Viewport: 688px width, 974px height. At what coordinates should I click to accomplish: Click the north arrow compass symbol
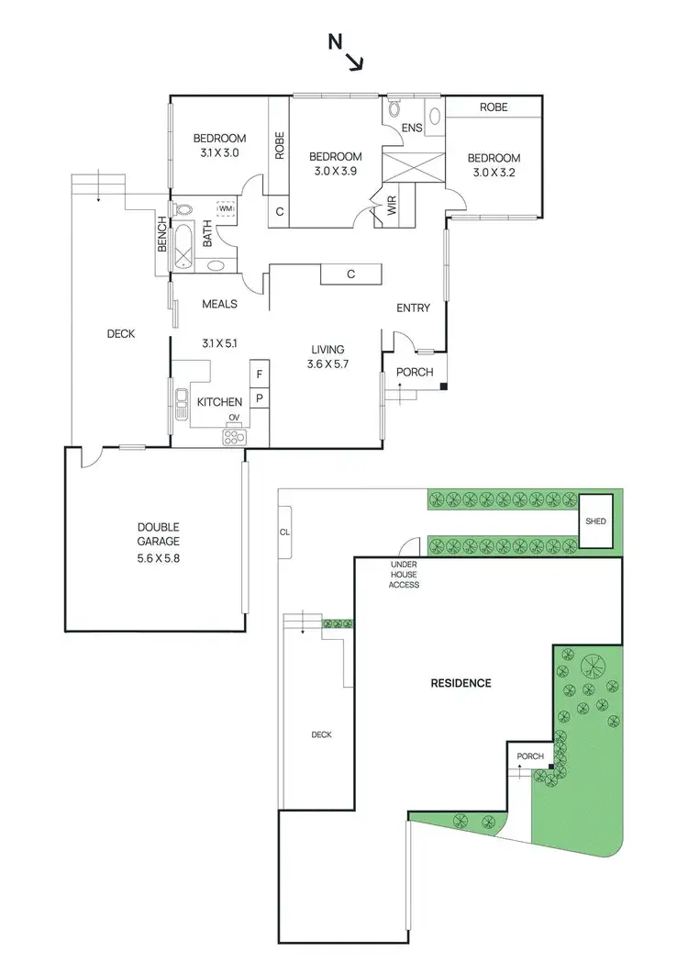[x=348, y=53]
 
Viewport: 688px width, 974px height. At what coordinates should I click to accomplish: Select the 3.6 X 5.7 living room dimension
[x=327, y=364]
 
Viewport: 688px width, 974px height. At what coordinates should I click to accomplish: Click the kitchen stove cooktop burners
[x=234, y=437]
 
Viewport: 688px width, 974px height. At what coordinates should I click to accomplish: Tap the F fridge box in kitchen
[x=260, y=375]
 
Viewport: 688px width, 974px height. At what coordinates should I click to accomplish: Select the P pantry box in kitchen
[x=260, y=399]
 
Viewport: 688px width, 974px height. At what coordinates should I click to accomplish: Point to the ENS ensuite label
[x=412, y=128]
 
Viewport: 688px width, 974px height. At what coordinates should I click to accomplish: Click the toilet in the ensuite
[x=394, y=109]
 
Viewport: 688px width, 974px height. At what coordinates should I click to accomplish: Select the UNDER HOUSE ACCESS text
[x=404, y=574]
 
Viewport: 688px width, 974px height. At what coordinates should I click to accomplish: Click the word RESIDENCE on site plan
[x=461, y=683]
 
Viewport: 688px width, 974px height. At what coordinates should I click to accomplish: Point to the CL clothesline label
[x=284, y=531]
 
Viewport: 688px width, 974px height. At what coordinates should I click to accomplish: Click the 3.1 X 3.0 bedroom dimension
[x=219, y=153]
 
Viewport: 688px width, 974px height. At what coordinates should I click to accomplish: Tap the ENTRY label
[x=413, y=308]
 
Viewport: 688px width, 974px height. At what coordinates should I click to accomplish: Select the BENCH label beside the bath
[x=162, y=235]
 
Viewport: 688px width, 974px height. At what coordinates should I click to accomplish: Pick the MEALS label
[x=220, y=304]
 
